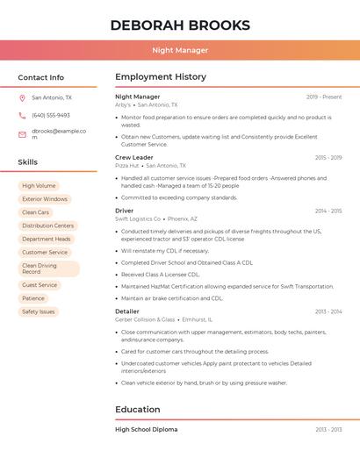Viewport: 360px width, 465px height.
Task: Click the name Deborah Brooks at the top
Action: pos(180,25)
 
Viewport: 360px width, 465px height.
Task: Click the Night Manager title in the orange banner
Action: pos(180,50)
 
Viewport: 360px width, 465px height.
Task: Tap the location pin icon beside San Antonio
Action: pos(22,98)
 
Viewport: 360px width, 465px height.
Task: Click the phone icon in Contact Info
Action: pos(22,116)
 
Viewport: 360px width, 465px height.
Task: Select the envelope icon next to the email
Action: pos(22,134)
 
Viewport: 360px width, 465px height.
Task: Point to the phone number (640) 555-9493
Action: pos(51,116)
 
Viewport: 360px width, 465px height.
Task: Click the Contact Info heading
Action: pos(41,77)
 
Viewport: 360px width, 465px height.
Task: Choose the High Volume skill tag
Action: pos(39,186)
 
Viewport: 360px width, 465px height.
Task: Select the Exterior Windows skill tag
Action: pos(45,199)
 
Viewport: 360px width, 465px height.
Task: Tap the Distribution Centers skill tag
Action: pos(47,225)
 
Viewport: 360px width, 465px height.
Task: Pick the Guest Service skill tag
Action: pos(40,285)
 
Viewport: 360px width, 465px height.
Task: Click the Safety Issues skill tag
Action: pos(39,311)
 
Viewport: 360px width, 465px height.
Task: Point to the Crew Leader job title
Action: pos(134,158)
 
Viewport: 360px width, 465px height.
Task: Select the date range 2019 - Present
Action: pos(324,97)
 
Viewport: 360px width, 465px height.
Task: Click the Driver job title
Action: pos(125,211)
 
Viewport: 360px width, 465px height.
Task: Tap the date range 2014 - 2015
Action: pos(328,211)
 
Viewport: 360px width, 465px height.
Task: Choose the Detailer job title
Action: pos(127,311)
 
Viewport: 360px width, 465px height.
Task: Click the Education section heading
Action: pos(138,409)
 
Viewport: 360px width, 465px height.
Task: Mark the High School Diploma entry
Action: pos(147,429)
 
